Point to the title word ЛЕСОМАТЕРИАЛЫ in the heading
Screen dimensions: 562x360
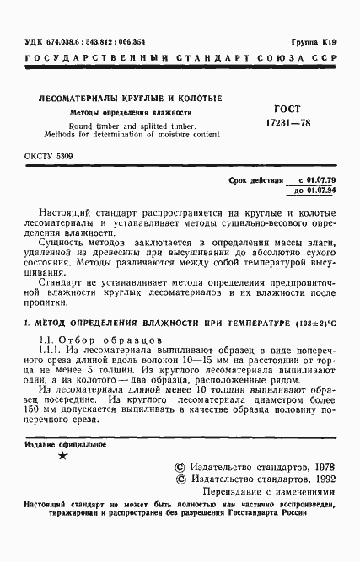[x=78, y=98]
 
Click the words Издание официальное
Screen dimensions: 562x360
[x=57, y=444]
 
